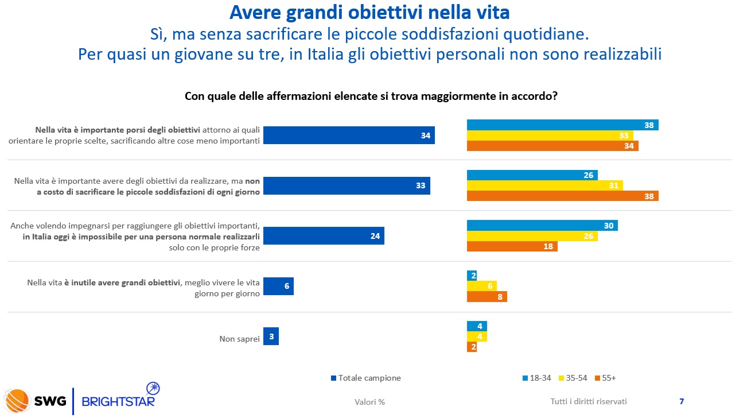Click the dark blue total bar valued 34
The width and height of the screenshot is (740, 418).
click(349, 135)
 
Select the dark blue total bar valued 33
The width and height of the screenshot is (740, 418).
click(346, 185)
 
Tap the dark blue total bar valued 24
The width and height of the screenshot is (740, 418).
click(324, 236)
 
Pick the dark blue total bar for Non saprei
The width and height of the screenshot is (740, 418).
click(271, 336)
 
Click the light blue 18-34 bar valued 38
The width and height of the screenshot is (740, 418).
click(562, 125)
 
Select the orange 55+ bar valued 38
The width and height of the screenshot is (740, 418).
click(562, 196)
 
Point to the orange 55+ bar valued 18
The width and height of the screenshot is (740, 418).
click(512, 246)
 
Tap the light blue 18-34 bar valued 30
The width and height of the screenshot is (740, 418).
click(542, 226)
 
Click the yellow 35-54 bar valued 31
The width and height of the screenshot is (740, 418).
click(544, 185)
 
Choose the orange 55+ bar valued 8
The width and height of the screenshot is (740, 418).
click(486, 297)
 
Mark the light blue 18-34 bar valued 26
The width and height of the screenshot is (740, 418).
click(532, 175)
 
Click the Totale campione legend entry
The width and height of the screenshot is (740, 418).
click(365, 378)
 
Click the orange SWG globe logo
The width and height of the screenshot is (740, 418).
click(17, 401)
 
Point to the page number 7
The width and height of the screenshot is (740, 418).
click(681, 401)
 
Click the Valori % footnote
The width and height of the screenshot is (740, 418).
click(369, 402)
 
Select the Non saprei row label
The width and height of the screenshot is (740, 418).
click(239, 339)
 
